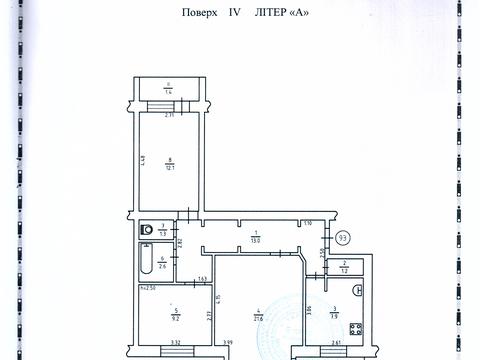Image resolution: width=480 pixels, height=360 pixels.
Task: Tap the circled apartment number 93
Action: (343, 237)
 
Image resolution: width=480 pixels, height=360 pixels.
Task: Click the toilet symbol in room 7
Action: (148, 229)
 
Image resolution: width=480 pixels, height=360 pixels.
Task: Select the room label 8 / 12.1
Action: (171, 163)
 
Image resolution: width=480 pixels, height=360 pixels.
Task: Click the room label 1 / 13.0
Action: (255, 236)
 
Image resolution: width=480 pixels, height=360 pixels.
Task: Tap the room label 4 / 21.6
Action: (258, 313)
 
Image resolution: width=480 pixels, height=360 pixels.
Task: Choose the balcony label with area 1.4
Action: (169, 88)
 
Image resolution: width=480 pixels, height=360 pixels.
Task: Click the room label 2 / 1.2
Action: (344, 268)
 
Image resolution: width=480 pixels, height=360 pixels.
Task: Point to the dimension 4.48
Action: (143, 157)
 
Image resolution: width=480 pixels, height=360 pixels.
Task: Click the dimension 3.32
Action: (174, 342)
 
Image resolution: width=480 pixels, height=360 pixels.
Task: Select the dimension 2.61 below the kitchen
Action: (338, 343)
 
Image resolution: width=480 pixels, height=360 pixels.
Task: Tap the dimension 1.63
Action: (201, 278)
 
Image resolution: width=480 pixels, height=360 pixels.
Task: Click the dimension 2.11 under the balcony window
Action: (171, 116)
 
